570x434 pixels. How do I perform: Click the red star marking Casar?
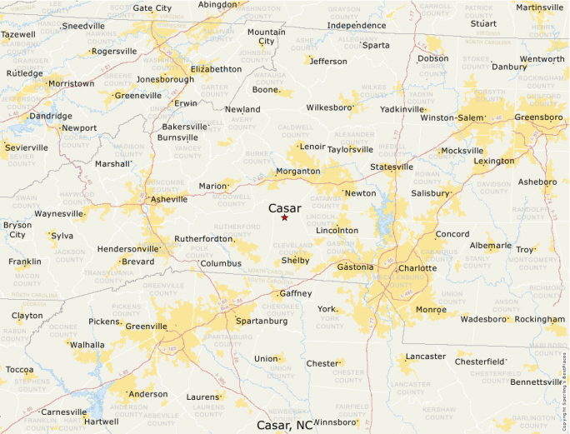284,218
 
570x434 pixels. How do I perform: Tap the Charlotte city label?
417,268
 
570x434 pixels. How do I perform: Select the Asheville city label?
168,200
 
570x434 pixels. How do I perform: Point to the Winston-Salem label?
452,118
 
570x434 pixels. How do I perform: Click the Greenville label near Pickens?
146,327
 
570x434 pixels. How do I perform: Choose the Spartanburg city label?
262,321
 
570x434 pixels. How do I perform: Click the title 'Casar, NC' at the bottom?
284,425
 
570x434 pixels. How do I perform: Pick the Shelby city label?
295,261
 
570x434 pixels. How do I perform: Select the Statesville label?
392,167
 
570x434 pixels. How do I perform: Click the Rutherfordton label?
203,239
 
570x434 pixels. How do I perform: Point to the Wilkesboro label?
330,108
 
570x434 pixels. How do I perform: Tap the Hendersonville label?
127,249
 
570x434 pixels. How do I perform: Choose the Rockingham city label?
539,319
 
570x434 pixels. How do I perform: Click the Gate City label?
152,8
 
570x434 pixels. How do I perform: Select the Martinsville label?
540,7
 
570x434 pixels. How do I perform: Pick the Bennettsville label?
537,382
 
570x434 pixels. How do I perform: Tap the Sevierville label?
26,147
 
